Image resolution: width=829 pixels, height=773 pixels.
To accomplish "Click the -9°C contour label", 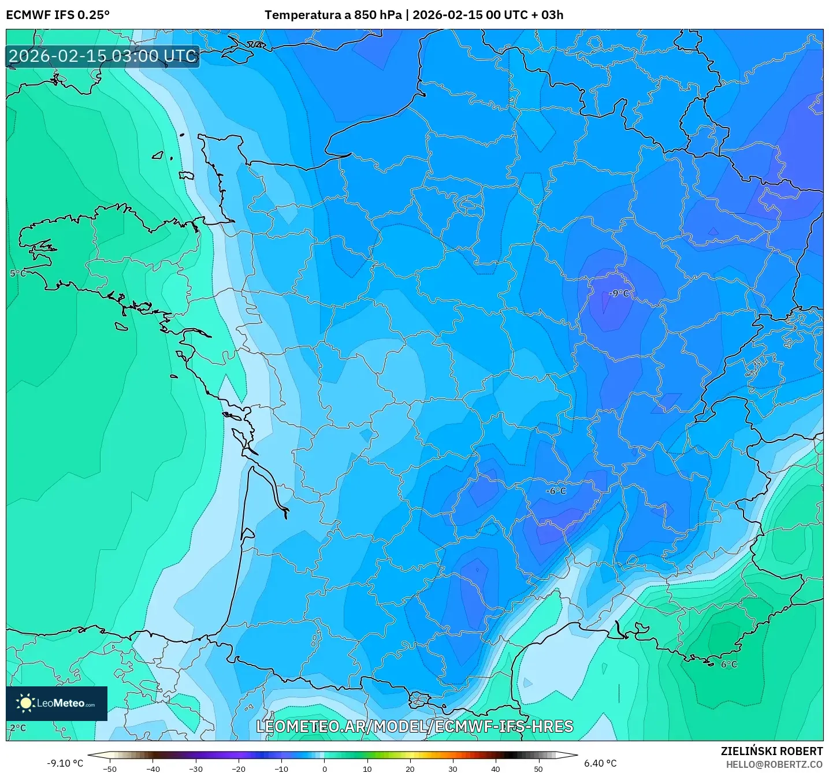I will [619, 293].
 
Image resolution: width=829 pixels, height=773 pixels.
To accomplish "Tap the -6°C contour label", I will [556, 491].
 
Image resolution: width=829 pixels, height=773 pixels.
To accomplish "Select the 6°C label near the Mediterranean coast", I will [728, 664].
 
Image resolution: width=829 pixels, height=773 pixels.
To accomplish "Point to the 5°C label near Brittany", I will [17, 273].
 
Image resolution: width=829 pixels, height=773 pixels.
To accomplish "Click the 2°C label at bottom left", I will [17, 728].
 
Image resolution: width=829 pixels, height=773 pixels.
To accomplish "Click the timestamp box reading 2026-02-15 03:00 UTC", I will [103, 56].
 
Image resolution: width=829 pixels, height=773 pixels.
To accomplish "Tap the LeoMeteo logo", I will [57, 703].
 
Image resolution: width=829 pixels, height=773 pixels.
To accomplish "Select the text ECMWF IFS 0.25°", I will [58, 15].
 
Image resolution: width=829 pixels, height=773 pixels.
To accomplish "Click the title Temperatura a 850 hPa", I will [333, 15].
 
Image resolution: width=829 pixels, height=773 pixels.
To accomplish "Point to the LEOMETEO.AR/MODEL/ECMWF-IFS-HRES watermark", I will [414, 726].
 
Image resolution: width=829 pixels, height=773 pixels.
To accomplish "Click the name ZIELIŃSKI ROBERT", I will [771, 751].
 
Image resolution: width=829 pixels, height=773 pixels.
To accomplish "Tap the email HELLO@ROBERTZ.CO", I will [774, 764].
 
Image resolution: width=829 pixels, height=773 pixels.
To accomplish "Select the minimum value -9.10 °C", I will [65, 763].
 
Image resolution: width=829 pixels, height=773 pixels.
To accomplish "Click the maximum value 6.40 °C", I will [600, 763].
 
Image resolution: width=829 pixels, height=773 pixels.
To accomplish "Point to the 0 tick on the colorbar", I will [324, 768].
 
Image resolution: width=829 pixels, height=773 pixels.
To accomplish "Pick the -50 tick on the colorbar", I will [109, 768].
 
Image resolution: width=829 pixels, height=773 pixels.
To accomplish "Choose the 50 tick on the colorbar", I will [538, 768].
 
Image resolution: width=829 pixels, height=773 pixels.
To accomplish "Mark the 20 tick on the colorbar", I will [410, 768].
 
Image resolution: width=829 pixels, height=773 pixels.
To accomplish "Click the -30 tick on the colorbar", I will [195, 768].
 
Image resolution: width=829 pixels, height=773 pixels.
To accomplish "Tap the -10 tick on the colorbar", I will [281, 768].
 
